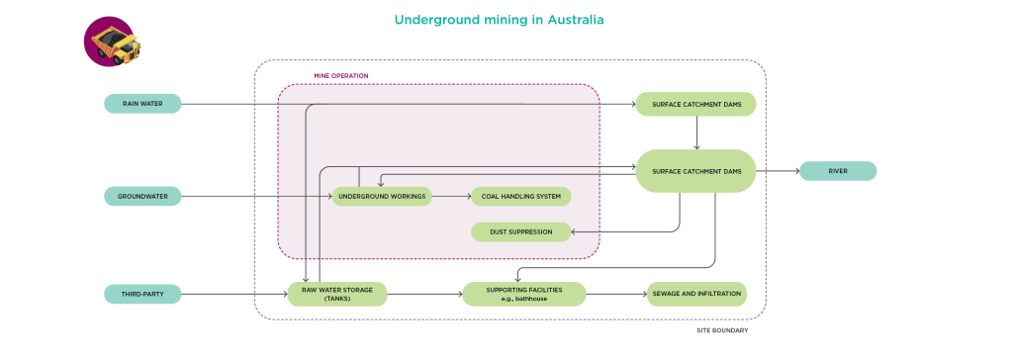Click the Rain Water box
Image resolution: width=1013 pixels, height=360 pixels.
point(142,103)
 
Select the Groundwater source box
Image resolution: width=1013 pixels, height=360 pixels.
point(142,196)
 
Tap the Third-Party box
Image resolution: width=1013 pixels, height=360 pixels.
point(142,294)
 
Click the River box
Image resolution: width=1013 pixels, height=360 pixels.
point(837,171)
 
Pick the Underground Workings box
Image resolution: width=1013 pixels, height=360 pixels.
point(382,196)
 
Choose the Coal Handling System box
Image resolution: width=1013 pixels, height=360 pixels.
point(520,196)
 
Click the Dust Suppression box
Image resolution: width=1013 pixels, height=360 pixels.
point(520,231)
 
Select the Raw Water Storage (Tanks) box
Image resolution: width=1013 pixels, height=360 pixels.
point(336,294)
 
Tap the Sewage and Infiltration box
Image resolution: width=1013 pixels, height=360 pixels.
point(694,294)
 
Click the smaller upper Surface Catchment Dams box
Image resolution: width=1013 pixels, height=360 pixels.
point(695,104)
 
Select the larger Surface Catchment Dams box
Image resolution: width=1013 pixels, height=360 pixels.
point(695,171)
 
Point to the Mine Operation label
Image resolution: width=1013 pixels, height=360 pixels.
point(340,76)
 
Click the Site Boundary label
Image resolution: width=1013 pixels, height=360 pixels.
point(722,330)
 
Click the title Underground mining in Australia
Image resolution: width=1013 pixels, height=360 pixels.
point(499,20)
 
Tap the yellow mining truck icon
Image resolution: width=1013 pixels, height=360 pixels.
point(111,43)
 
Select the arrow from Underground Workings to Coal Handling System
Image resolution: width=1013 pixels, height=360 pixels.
point(451,196)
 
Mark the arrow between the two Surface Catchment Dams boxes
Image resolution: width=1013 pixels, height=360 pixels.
point(697,133)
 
